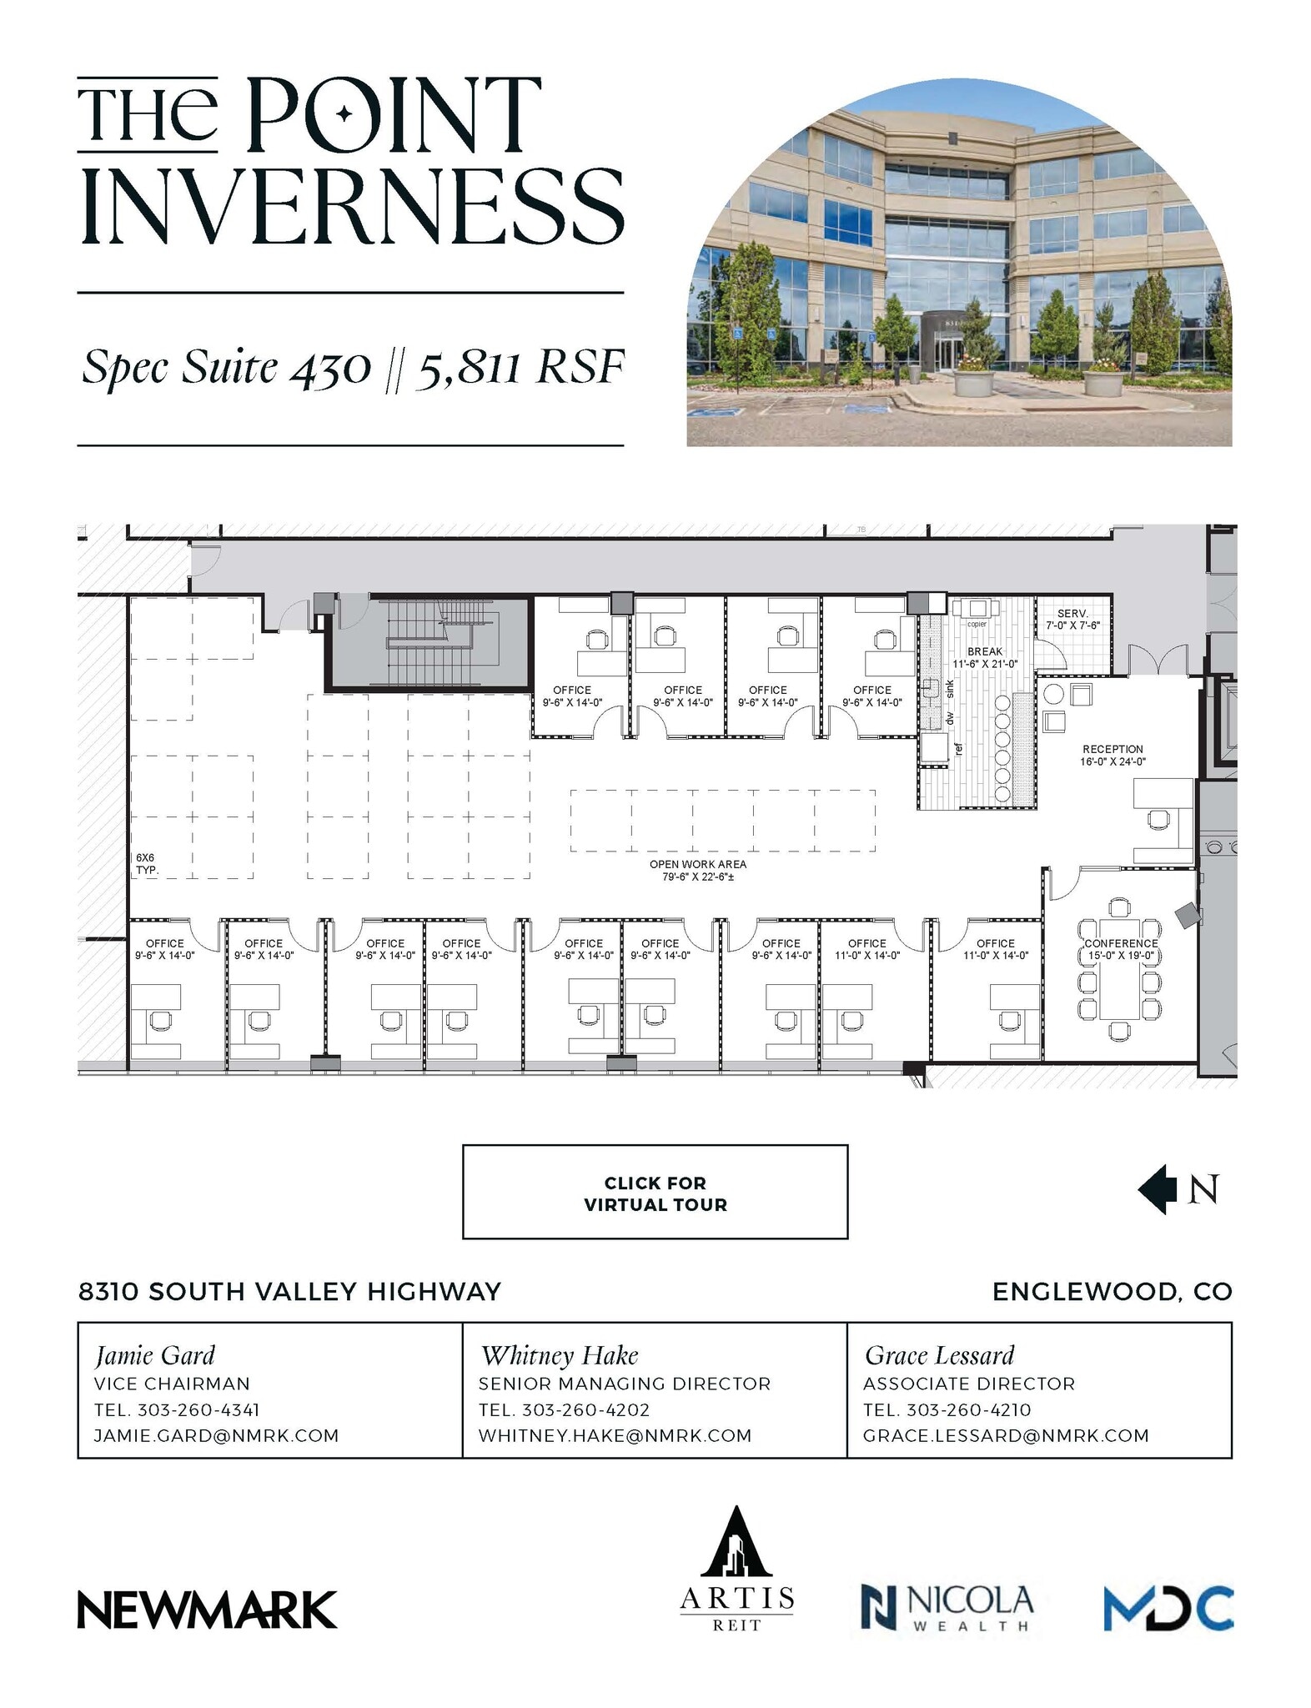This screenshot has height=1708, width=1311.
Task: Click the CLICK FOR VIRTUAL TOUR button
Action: click(655, 1193)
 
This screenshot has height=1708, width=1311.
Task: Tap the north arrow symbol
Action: click(1158, 1189)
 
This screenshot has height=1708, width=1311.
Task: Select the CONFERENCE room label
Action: click(1120, 949)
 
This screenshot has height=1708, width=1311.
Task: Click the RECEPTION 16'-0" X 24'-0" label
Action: click(1113, 755)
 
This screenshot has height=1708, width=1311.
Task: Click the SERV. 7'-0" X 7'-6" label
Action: click(1072, 619)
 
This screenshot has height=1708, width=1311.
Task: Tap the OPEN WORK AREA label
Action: click(698, 870)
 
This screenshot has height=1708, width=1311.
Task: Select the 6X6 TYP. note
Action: click(147, 863)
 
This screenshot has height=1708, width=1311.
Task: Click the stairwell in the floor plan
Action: click(427, 642)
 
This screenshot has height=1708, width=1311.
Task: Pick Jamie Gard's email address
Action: click(216, 1435)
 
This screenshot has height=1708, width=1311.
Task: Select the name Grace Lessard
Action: click(939, 1355)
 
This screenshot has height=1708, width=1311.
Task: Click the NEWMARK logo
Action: click(207, 1610)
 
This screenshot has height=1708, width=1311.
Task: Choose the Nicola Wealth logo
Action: click(947, 1607)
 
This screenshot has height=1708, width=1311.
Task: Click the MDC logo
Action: click(1168, 1608)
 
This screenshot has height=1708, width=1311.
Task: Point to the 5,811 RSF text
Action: click(520, 368)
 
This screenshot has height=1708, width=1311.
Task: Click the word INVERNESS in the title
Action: click(352, 207)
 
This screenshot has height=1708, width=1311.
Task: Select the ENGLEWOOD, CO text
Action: click(1112, 1292)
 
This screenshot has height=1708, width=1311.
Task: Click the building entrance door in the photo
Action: click(947, 352)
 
